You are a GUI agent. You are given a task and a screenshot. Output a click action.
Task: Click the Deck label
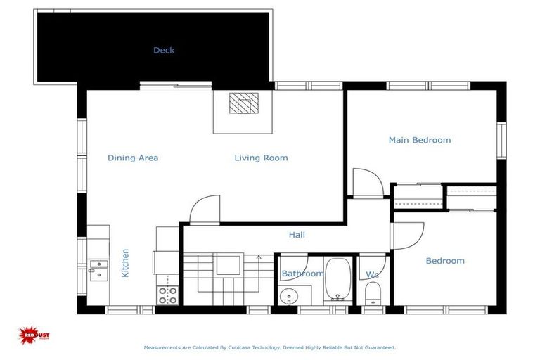[x=164, y=50]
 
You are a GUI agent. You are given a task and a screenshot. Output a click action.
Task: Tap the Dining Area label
[x=133, y=158]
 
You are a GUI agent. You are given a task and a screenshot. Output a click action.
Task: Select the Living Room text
[x=261, y=158]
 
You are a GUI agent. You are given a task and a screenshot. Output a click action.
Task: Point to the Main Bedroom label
[x=420, y=140]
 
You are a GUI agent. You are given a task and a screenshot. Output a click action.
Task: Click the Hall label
[x=297, y=235]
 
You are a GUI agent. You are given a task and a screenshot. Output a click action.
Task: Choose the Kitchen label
[x=125, y=262]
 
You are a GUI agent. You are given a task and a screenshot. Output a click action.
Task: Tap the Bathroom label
[x=302, y=274]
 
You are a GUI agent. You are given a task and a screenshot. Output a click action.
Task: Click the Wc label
[x=372, y=274]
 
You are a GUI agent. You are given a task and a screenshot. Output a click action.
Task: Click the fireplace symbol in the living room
[x=244, y=104]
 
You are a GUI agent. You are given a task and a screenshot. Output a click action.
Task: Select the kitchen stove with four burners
[x=167, y=295]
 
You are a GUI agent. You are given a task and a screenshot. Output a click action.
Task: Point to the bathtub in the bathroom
[x=338, y=279]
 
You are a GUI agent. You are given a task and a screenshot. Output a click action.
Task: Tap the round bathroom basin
[x=288, y=296]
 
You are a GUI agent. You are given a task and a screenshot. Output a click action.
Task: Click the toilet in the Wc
[x=373, y=294]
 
